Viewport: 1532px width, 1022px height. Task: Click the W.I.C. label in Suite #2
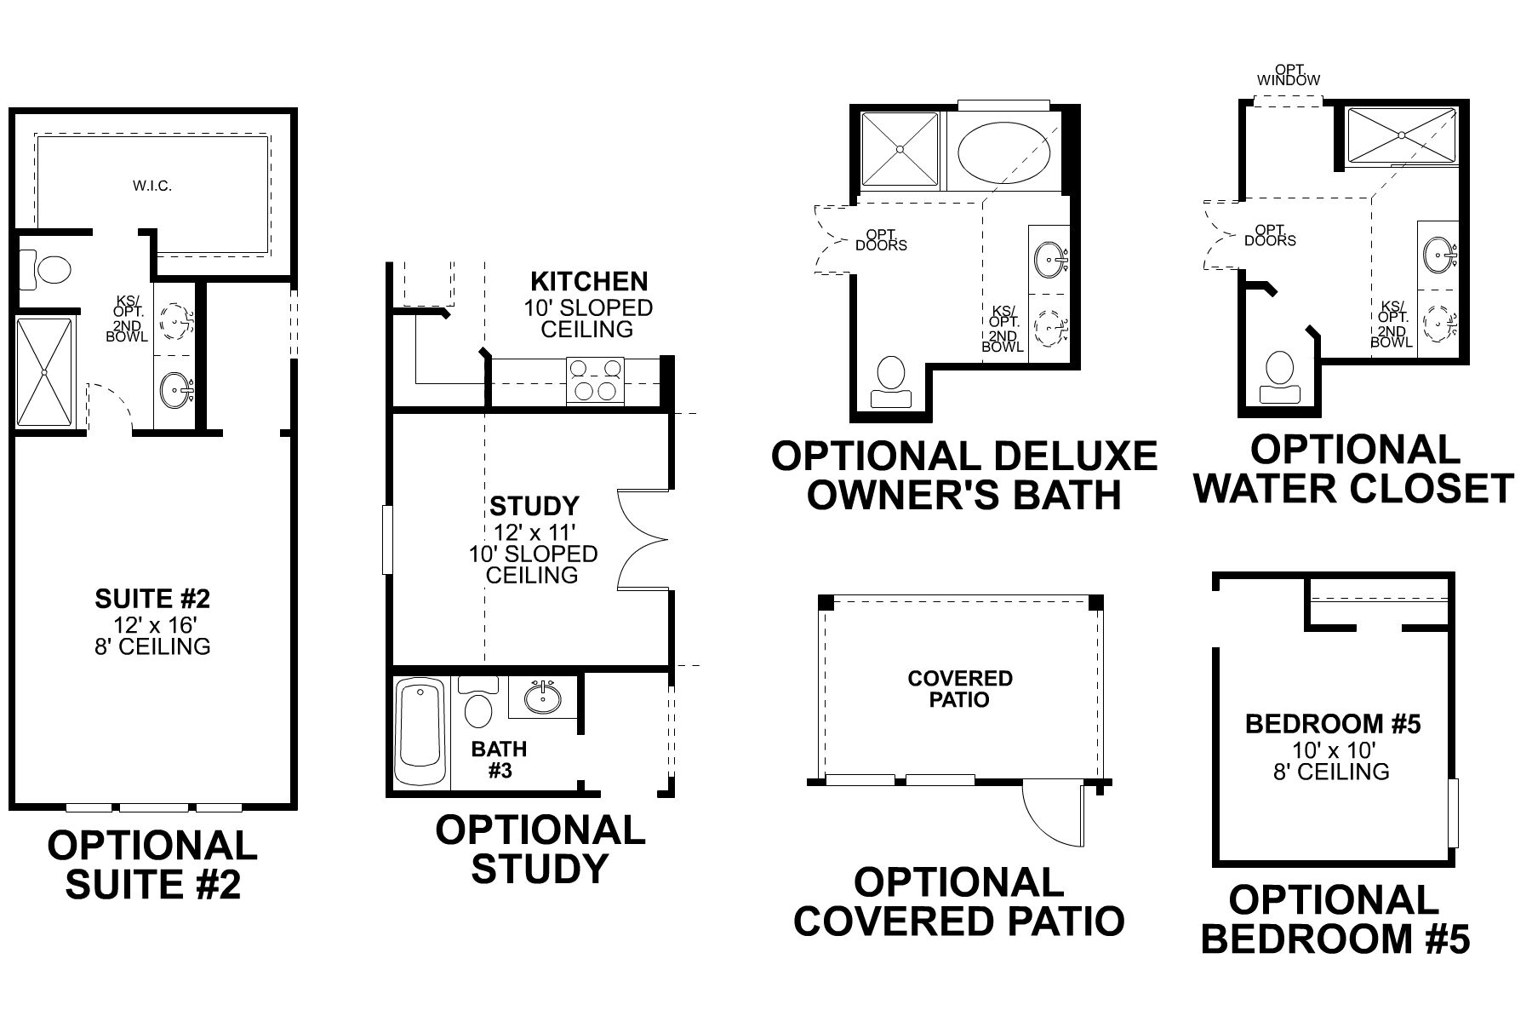point(152,186)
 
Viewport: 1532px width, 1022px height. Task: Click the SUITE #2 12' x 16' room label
point(152,622)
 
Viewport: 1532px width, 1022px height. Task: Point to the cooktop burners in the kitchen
point(595,380)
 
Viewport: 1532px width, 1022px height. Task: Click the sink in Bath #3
point(542,696)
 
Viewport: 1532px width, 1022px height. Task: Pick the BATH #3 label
point(500,760)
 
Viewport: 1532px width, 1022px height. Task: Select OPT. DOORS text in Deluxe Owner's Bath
point(881,239)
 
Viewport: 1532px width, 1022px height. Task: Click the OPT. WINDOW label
point(1289,75)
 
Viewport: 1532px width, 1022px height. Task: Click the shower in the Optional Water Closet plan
point(1400,135)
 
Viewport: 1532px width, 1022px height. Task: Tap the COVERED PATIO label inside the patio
point(960,689)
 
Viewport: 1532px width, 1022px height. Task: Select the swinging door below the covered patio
point(1054,813)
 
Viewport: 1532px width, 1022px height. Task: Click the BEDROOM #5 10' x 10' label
point(1333,747)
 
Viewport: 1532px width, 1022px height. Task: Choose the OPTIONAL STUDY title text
point(540,848)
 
